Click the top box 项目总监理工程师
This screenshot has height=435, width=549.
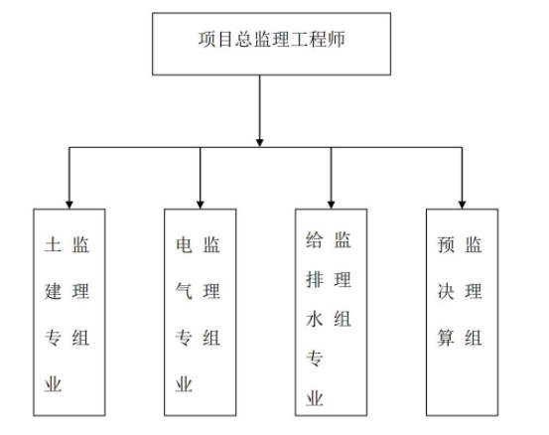pyautogui.click(x=271, y=44)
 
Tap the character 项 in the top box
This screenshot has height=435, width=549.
pyautogui.click(x=206, y=39)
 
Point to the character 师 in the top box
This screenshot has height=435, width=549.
pyautogui.click(x=337, y=39)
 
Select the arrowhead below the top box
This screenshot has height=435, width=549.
pyautogui.click(x=259, y=143)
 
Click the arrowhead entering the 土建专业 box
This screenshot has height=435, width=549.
pyautogui.click(x=69, y=205)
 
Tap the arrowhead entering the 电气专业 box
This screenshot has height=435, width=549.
pyautogui.click(x=201, y=205)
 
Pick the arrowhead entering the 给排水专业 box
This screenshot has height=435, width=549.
pyautogui.click(x=332, y=205)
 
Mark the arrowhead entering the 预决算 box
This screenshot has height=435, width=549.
pyautogui.click(x=463, y=205)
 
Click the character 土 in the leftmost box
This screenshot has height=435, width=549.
pyautogui.click(x=53, y=244)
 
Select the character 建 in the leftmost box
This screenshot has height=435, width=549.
pyautogui.click(x=53, y=291)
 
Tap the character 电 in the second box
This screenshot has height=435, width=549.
pyautogui.click(x=184, y=244)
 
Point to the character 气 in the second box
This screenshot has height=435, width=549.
pyautogui.click(x=184, y=291)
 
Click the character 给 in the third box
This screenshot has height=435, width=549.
pyautogui.click(x=315, y=240)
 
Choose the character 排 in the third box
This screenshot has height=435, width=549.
pyautogui.click(x=315, y=279)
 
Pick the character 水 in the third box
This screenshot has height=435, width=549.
pyautogui.click(x=315, y=319)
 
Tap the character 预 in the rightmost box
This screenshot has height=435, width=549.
pyautogui.click(x=446, y=244)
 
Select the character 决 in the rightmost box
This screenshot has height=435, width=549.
pyautogui.click(x=446, y=291)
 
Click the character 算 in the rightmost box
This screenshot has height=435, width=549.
pyautogui.click(x=446, y=338)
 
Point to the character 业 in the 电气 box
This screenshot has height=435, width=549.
pyautogui.click(x=184, y=384)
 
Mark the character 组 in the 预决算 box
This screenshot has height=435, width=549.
pyautogui.click(x=474, y=338)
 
